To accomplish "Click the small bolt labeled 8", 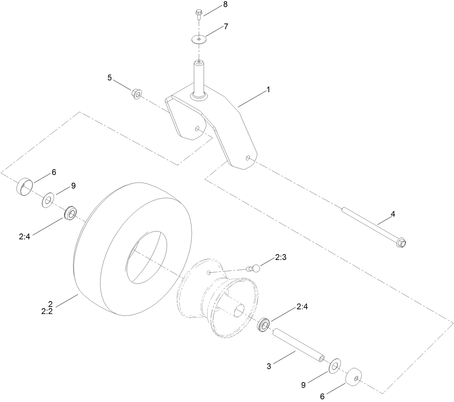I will (x=198, y=13).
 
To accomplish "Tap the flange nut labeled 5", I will (x=136, y=93).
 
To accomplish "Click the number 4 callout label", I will (x=393, y=214).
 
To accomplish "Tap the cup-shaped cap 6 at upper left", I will (x=25, y=186).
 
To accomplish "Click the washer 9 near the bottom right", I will (x=335, y=365).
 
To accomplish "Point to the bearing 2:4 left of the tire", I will (x=70, y=213).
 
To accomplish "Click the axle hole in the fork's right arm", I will (x=248, y=158).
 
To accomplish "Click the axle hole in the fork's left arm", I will (x=197, y=128).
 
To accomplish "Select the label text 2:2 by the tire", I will (x=47, y=312).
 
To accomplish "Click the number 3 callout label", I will (x=269, y=366).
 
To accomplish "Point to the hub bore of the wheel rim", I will (x=239, y=310).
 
